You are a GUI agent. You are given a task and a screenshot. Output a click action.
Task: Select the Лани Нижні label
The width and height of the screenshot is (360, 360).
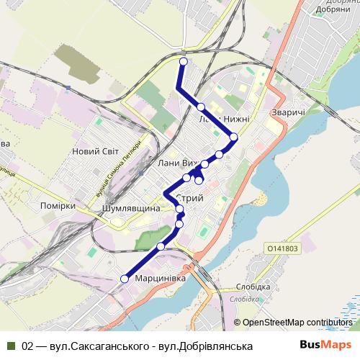tap(224, 119)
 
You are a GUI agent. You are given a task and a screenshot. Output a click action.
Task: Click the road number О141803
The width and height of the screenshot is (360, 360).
tap(282, 248)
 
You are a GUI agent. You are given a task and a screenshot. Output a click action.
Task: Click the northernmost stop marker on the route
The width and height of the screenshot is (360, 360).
tap(183, 63)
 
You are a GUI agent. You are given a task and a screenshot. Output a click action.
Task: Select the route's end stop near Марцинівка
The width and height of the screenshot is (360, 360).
tap(124, 279)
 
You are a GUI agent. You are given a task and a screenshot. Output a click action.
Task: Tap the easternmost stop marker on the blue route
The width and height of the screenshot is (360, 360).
tap(233, 137)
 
